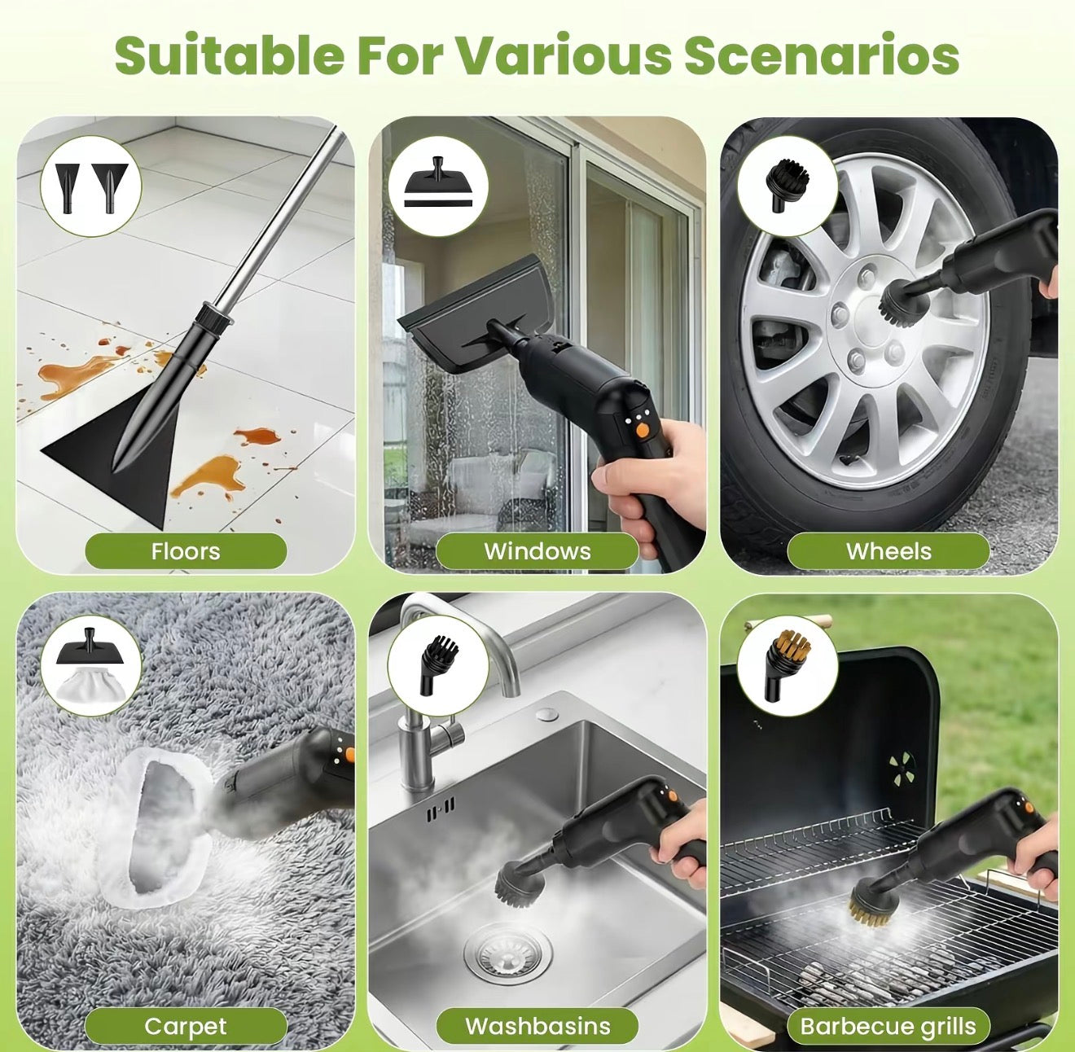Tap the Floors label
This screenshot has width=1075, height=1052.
(x=186, y=551)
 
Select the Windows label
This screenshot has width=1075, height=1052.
(x=537, y=551)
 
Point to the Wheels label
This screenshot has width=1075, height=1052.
(x=889, y=551)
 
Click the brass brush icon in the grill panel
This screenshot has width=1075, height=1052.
(x=787, y=668)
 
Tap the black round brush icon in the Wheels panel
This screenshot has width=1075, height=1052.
(x=787, y=184)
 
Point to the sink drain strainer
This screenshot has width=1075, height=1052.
(x=507, y=953)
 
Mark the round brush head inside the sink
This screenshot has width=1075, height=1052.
(x=519, y=883)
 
